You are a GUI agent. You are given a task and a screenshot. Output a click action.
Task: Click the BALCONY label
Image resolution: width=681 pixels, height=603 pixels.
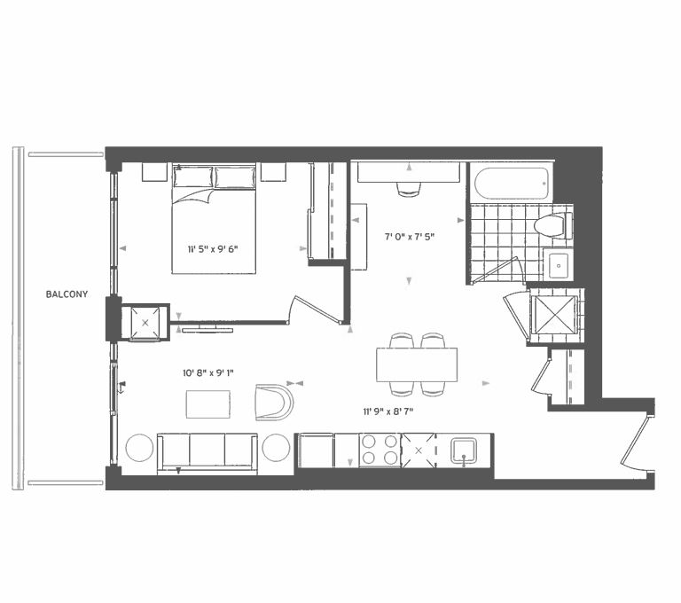pyautogui.click(x=67, y=294)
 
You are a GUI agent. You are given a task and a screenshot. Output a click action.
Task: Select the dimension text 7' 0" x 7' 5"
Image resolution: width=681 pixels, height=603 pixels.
pyautogui.click(x=409, y=238)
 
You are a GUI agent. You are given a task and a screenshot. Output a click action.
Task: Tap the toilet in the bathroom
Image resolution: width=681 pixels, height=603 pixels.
pyautogui.click(x=553, y=225)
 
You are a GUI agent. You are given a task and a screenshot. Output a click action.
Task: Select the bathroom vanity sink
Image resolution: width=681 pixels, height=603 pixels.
pyautogui.click(x=559, y=264)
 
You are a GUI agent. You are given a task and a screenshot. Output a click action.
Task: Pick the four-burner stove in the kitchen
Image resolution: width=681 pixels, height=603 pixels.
pyautogui.click(x=380, y=450)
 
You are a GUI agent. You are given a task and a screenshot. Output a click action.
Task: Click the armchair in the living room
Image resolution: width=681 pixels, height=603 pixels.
pyautogui.click(x=273, y=402)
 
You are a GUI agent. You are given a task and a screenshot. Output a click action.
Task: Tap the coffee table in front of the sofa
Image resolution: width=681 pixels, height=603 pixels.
pyautogui.click(x=209, y=403)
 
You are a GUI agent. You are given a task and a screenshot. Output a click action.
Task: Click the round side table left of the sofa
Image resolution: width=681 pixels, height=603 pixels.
pyautogui.click(x=140, y=448)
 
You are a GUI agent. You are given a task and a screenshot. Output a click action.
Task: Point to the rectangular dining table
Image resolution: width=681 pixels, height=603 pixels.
pyautogui.click(x=417, y=364)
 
